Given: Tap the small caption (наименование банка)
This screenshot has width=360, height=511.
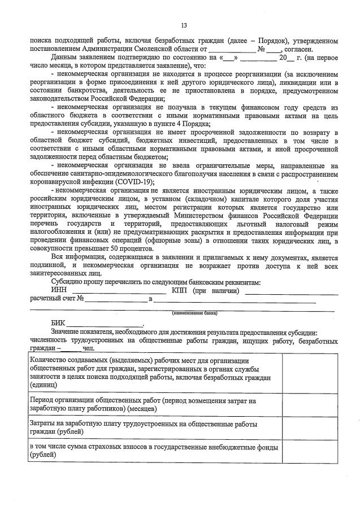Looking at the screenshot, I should (x=195, y=312).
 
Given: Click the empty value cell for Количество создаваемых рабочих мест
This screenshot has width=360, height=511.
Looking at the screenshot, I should (x=310, y=372).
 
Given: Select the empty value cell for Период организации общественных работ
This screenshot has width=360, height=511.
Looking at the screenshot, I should (x=310, y=404).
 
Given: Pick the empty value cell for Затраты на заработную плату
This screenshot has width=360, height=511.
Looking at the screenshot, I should (x=310, y=427).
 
